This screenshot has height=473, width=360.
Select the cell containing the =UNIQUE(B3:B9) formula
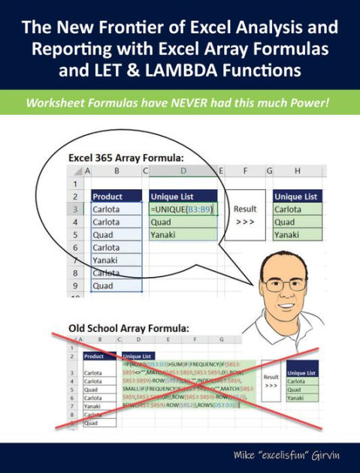183,209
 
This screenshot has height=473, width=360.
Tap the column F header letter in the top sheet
246,171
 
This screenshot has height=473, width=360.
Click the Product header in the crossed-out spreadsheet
95,357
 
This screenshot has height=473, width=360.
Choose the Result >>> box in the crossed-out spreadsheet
271,381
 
